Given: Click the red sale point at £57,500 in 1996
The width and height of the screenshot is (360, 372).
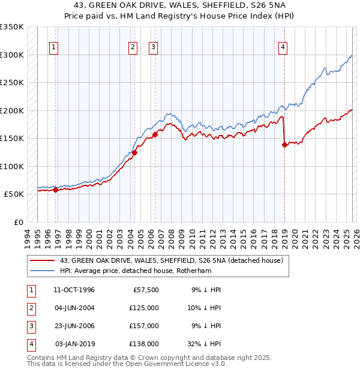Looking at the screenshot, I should [x=56, y=190].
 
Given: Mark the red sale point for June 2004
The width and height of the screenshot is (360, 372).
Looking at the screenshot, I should [x=135, y=152].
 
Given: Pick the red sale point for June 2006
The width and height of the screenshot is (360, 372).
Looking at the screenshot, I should [x=155, y=134].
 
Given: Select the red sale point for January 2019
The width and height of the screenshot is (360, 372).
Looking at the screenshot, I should [x=284, y=145].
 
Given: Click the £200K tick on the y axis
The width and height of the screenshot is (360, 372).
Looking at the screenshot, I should [x=12, y=110].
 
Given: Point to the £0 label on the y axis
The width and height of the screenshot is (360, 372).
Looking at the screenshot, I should [x=18, y=222].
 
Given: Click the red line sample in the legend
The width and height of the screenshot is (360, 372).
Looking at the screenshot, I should [x=43, y=260].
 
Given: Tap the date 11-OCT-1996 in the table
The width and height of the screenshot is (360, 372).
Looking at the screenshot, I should [x=74, y=290].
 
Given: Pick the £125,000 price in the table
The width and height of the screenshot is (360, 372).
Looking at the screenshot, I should [x=145, y=308].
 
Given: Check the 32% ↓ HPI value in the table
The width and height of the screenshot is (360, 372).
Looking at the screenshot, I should [x=205, y=344].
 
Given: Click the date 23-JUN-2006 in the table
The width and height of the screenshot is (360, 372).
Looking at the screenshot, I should [x=74, y=326].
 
